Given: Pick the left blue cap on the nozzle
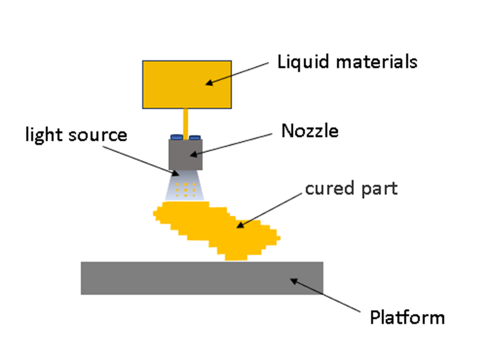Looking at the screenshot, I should coord(176,136).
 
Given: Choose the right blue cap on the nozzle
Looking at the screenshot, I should coord(194,136).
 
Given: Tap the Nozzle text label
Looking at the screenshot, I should coord(309,131).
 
